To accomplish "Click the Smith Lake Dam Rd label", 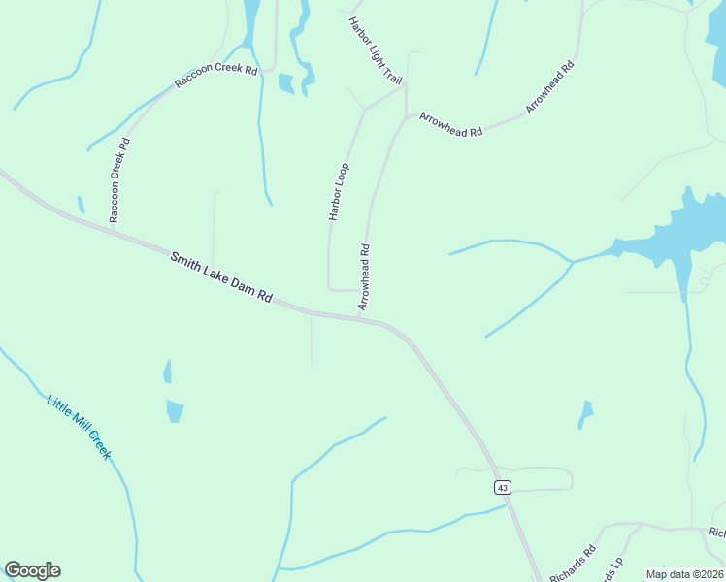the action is click(x=221, y=277).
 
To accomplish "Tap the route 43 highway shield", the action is click(x=502, y=487).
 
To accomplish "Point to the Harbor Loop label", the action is click(x=339, y=192).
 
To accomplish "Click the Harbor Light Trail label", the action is click(x=375, y=48).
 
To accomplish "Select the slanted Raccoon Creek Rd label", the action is click(x=216, y=77).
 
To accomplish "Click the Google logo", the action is click(x=32, y=570).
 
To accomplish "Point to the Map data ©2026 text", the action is click(x=683, y=574).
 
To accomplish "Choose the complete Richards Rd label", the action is click(x=573, y=565).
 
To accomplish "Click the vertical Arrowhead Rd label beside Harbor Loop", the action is click(x=365, y=277).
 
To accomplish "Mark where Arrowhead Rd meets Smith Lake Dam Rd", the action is click(x=360, y=317).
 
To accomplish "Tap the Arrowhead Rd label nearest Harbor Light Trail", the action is click(x=450, y=124).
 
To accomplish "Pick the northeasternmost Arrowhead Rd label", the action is click(x=550, y=87).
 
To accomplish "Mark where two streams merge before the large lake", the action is click(x=571, y=262).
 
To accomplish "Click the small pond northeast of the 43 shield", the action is click(x=585, y=413).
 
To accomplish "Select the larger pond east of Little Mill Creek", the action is click(x=175, y=410).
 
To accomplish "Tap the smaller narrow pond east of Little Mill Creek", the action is click(x=167, y=372).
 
